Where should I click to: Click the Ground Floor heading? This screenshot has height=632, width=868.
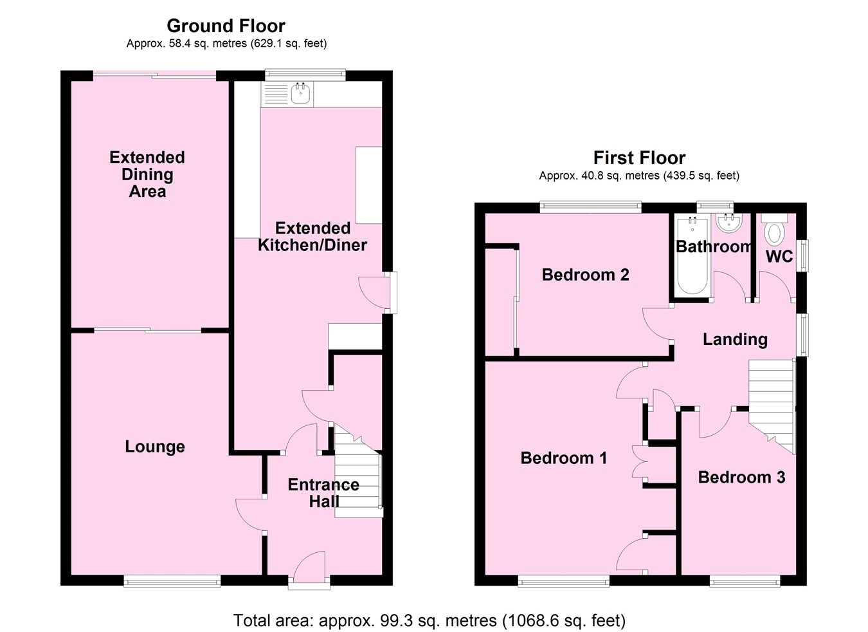point(226,26)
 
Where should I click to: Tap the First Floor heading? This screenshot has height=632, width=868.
point(639,158)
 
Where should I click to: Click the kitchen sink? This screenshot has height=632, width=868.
point(300,94)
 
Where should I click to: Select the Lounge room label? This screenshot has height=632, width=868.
point(155,447)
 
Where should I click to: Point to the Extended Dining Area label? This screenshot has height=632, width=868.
point(147,174)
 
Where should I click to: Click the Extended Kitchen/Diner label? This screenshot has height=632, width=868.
point(312,236)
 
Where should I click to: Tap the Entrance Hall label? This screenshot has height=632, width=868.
point(323,493)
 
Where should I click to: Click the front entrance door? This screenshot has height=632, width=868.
point(309,570)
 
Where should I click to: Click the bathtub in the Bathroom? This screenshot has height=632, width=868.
point(692,257)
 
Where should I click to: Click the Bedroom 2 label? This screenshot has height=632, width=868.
point(585,275)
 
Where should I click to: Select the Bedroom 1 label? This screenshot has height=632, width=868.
point(564,458)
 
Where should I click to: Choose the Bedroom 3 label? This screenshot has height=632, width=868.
point(741,477)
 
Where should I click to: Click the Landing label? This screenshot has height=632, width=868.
point(735,339)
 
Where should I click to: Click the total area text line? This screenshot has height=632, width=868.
point(429,620)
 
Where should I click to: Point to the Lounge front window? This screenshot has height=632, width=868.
point(172,581)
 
